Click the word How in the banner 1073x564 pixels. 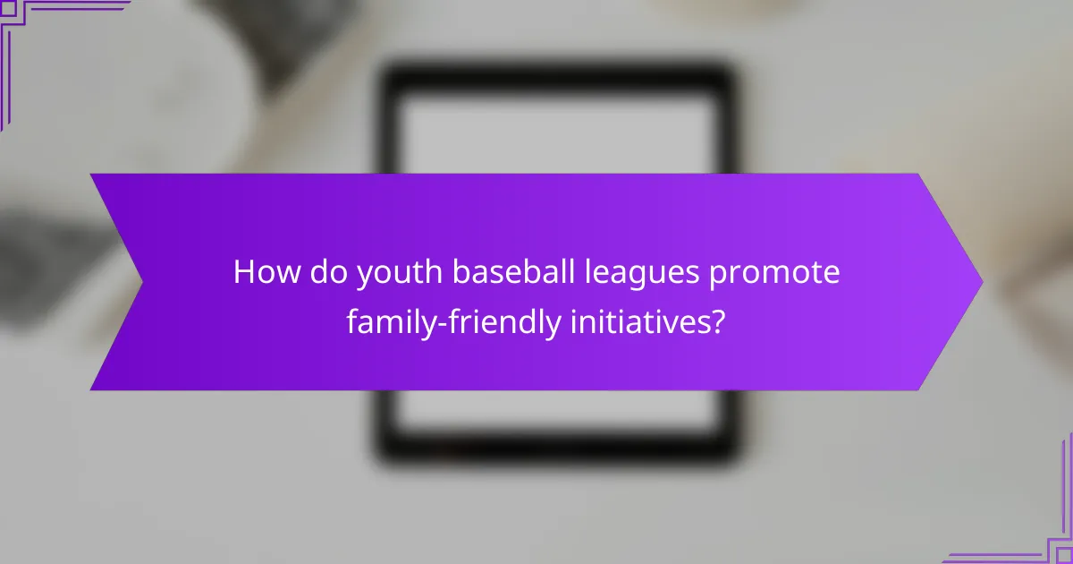266,273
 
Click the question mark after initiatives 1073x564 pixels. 717,321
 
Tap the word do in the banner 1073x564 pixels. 328,273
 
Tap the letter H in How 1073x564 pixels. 243,273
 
